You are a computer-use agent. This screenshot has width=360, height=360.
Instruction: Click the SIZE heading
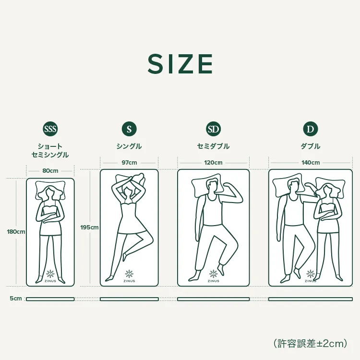pyautogui.click(x=180, y=64)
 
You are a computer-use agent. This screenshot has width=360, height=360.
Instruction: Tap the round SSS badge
pyautogui.click(x=50, y=129)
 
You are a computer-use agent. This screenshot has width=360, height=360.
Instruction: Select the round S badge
pyautogui.click(x=129, y=129)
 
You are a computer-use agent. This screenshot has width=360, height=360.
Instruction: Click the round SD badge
pyautogui.click(x=213, y=129)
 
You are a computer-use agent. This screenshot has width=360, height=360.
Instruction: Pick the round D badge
pyautogui.click(x=311, y=129)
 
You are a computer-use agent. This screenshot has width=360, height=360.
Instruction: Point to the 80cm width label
pyautogui.click(x=50, y=170)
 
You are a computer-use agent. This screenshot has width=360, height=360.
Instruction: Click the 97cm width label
pyautogui.click(x=129, y=163)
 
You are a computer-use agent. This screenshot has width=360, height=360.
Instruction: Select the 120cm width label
pyautogui.click(x=213, y=163)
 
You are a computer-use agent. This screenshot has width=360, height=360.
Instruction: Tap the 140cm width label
pyautogui.click(x=311, y=163)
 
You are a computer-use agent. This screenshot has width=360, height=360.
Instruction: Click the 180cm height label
pyautogui.click(x=16, y=231)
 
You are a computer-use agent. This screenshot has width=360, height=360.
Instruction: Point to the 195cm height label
pyautogui.click(x=89, y=227)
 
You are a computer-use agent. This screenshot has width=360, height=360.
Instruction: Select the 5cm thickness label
pyautogui.click(x=16, y=299)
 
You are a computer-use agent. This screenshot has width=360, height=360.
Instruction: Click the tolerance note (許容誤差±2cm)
pyautogui.click(x=310, y=343)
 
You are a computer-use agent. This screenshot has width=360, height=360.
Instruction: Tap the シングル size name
pyautogui.click(x=129, y=146)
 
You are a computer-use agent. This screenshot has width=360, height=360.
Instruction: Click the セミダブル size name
pyautogui.click(x=213, y=146)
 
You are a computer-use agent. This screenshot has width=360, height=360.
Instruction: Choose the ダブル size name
pyautogui.click(x=311, y=146)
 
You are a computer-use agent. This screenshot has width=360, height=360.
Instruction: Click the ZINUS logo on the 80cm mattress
pyautogui.click(x=50, y=276)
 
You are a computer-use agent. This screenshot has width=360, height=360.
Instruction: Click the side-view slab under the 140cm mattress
pyautogui.click(x=311, y=299)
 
